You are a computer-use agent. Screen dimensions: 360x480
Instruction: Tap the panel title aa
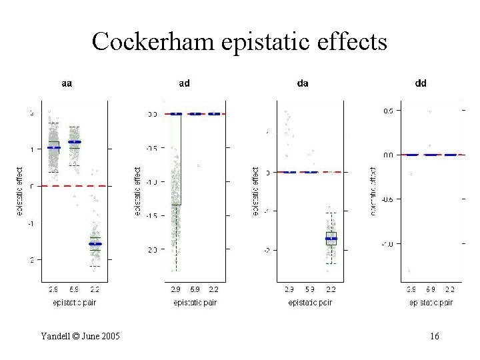coord(67,84)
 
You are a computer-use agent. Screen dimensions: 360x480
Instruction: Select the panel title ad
coord(185,84)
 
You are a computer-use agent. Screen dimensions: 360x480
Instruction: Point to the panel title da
coord(303,84)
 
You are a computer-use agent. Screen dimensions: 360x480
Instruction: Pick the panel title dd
coord(421,84)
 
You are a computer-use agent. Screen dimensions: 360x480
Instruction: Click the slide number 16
coord(434,337)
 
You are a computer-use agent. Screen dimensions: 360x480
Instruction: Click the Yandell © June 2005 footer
coord(80,337)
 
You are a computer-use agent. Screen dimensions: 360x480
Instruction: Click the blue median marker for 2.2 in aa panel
coord(95,244)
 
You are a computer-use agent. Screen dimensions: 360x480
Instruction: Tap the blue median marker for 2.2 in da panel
coord(331,238)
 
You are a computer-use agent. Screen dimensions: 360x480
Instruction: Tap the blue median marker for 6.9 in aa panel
coord(75,142)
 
